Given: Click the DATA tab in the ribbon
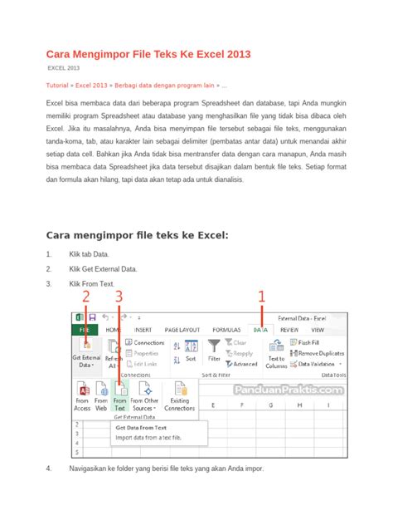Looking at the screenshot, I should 261,329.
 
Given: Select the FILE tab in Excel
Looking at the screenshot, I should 83,329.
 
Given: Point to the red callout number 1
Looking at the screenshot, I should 262,296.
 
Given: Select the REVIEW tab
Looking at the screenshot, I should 289,329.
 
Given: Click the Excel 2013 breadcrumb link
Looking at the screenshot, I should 94,86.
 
